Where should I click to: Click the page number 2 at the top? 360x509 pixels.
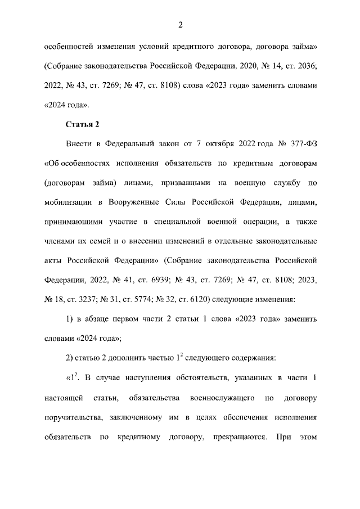(x=180, y=24)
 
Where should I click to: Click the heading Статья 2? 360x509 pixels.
(x=82, y=124)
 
